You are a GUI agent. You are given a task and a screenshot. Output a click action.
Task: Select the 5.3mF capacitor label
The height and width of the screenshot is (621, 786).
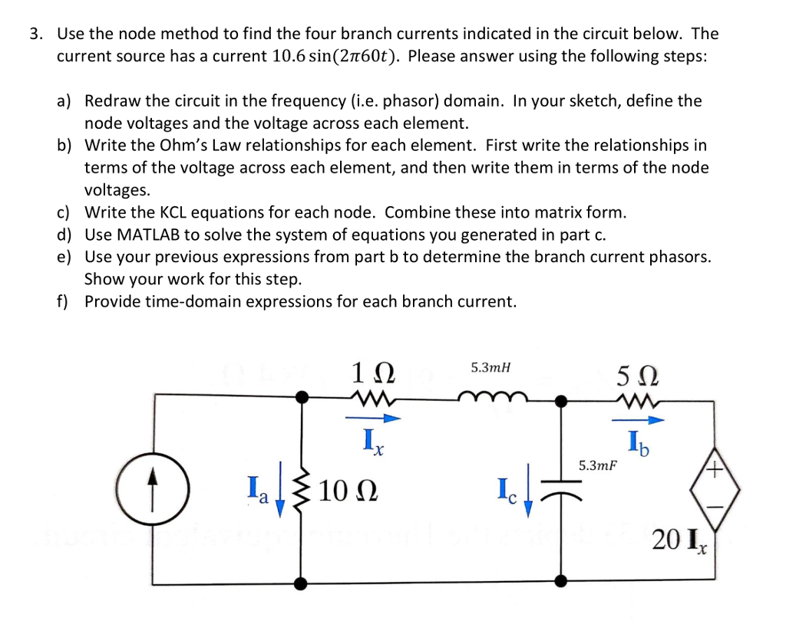(599, 465)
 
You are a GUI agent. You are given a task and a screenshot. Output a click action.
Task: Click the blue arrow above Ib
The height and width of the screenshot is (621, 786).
(635, 419)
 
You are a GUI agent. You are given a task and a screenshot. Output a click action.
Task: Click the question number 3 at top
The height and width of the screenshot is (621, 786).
(35, 34)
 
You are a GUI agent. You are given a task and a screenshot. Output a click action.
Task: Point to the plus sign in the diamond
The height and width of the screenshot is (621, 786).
(714, 472)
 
